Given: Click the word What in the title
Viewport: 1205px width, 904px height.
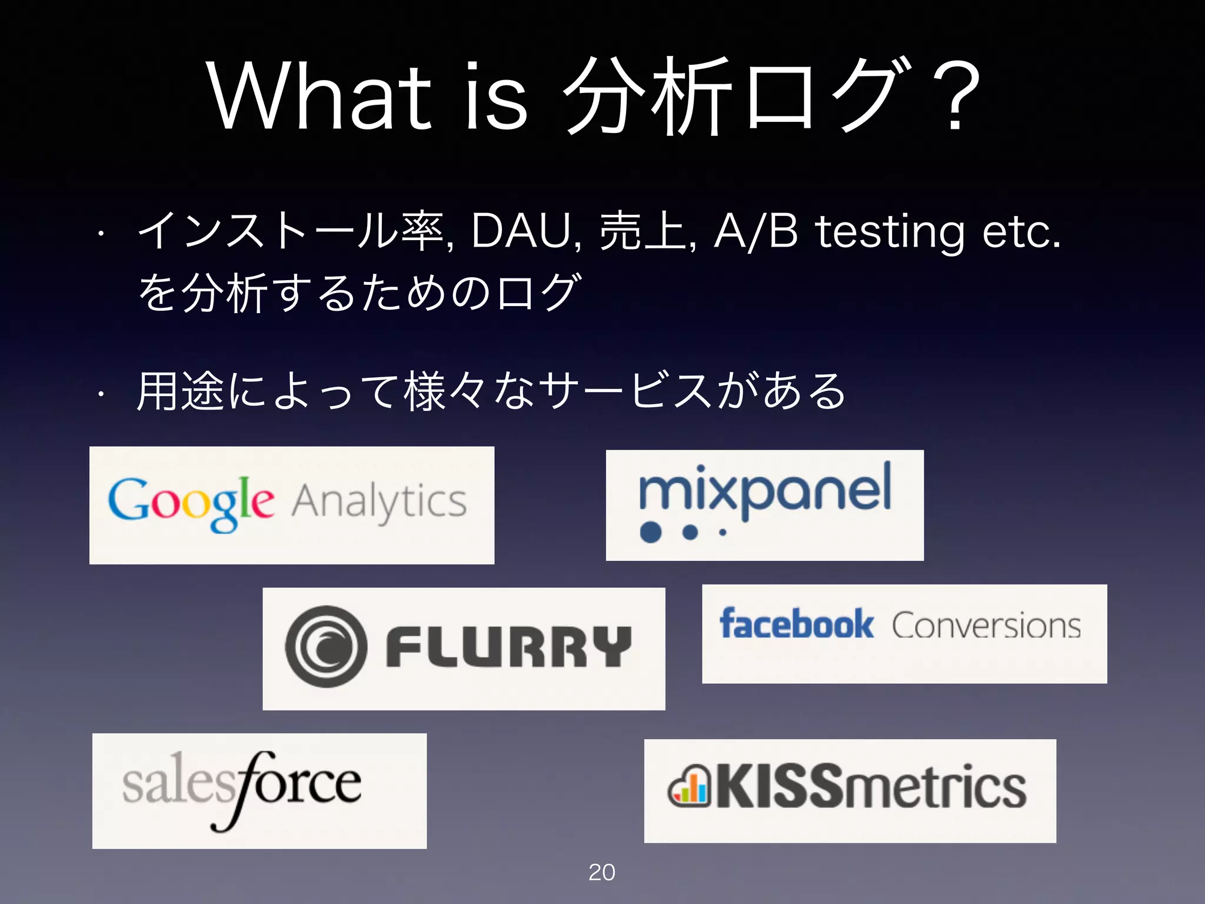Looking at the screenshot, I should [x=321, y=97].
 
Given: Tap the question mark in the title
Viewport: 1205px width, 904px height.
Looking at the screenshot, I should [x=954, y=97].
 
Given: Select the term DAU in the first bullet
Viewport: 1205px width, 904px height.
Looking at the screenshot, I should [x=522, y=231].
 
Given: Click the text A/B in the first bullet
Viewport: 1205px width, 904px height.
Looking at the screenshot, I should [x=755, y=231].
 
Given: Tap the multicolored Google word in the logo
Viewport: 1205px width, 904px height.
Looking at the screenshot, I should [x=191, y=503].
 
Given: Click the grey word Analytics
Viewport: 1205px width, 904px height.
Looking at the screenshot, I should [x=380, y=502].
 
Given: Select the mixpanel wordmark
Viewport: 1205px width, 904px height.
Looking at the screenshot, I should [x=765, y=491].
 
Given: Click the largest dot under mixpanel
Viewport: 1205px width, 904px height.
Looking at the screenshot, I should [x=651, y=532].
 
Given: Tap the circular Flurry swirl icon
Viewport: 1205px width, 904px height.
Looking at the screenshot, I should [x=325, y=646].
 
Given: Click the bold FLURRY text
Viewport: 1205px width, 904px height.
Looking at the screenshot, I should [x=508, y=646].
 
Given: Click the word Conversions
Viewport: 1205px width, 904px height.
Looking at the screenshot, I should [x=986, y=625].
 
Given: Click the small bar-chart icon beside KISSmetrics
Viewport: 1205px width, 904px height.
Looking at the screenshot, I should [x=689, y=787].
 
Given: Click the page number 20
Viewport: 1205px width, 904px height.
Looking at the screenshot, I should [x=601, y=872].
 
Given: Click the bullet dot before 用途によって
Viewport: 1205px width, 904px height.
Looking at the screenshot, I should [x=101, y=393].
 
